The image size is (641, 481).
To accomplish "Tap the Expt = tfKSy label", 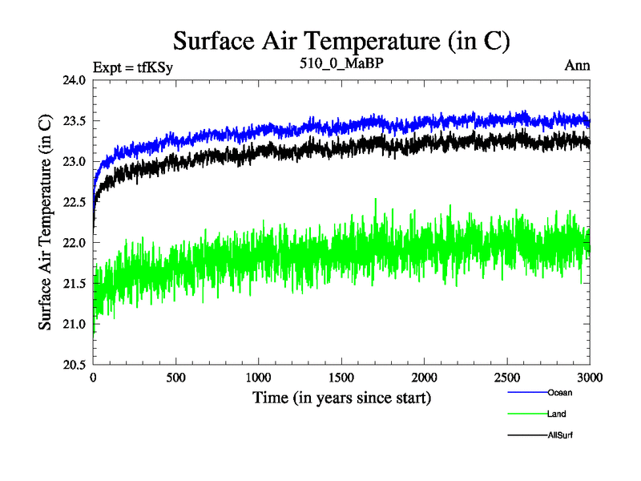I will coord(133,67).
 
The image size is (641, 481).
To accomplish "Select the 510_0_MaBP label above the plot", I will coord(341,64).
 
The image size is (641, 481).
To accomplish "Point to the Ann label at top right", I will coord(578,66).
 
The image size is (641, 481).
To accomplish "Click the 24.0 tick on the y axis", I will coord(71,80).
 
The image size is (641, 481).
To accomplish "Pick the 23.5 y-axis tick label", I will coord(71,121).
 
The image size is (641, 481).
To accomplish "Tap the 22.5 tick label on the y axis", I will coord(71,202).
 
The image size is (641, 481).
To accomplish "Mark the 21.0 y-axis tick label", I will coord(71,324).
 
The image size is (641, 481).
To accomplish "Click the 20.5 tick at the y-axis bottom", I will coord(71,364).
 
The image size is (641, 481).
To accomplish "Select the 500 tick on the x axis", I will coord(176,378).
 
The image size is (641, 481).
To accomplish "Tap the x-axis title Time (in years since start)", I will coord(342,398).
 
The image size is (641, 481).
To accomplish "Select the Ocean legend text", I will coord(560,393).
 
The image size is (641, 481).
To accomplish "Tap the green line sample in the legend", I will coord(527,414).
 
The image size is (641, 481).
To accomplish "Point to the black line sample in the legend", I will coord(527,435).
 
